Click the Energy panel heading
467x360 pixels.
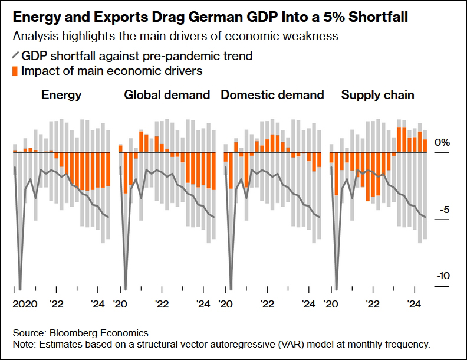click(61, 95)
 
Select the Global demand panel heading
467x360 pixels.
click(167, 95)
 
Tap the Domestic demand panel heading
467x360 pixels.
click(272, 95)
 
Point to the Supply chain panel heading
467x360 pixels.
click(378, 95)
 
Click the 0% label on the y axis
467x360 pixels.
click(442, 143)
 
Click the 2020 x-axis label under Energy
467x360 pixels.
click(24, 305)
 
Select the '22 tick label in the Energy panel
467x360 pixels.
click(57, 305)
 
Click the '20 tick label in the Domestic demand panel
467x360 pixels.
click(225, 305)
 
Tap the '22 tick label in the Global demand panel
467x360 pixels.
click(162, 305)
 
